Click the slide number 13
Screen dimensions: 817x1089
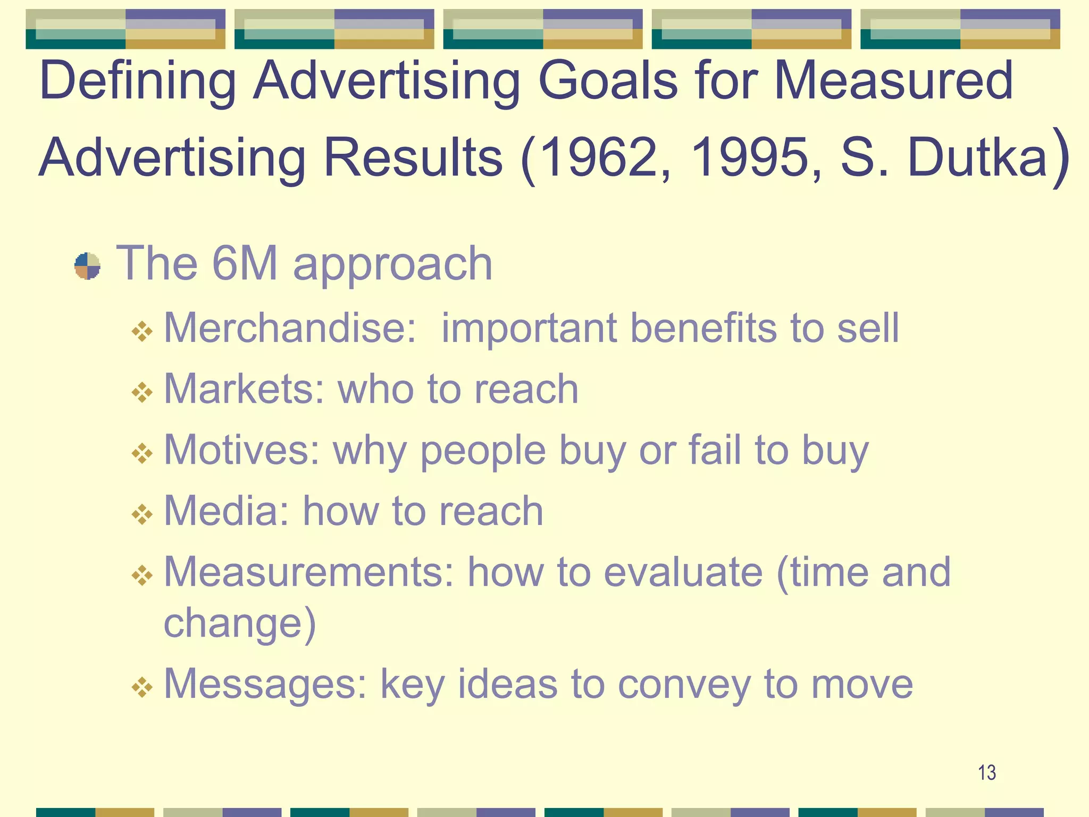[987, 772]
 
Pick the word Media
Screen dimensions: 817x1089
[227, 511]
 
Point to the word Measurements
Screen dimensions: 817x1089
[309, 572]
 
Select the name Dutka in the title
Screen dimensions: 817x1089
[977, 158]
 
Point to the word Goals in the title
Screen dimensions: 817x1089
[608, 81]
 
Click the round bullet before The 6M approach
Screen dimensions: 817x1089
[87, 266]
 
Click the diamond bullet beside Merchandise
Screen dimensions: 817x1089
[142, 332]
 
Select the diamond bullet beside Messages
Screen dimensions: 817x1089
[142, 688]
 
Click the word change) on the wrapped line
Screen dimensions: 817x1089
[240, 623]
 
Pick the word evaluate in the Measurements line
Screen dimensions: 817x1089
[683, 572]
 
